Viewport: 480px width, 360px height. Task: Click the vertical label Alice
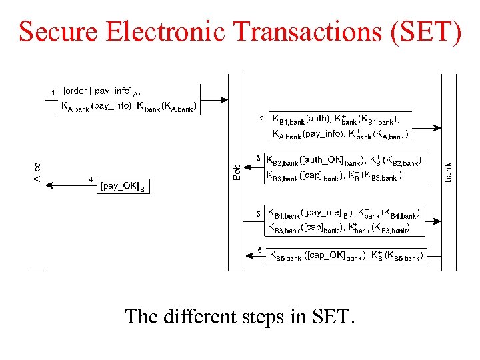[x=37, y=172]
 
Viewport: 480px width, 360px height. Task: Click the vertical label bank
[x=449, y=172]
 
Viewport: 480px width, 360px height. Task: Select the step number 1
[x=53, y=92]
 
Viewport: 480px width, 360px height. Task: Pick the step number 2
[x=261, y=119]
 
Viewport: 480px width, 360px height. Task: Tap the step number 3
[x=259, y=159]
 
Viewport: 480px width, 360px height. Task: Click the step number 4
[x=91, y=179]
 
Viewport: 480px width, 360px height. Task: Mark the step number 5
[x=259, y=214]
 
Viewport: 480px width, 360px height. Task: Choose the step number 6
[x=259, y=250]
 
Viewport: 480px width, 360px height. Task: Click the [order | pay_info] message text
[x=101, y=91]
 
